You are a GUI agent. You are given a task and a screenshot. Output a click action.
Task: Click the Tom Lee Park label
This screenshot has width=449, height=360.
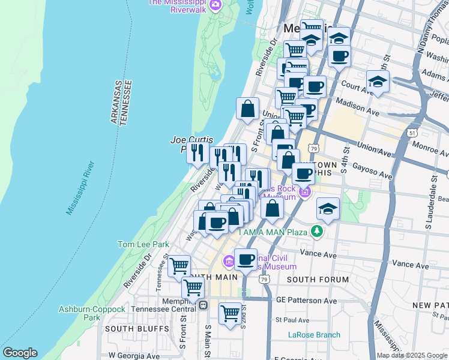143,244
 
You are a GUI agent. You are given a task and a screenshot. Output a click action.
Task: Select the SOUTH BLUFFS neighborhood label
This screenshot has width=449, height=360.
128,329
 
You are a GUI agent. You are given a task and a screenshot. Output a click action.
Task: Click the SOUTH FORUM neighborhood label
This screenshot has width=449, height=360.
318,280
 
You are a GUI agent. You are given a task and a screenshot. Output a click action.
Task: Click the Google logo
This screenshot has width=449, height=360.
20,353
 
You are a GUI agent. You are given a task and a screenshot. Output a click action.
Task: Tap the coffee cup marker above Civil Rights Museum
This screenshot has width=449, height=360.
246,259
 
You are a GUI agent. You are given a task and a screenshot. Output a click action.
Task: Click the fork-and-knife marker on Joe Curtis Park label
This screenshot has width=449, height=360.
197,152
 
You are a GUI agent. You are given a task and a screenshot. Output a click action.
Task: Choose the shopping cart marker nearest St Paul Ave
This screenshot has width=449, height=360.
230,313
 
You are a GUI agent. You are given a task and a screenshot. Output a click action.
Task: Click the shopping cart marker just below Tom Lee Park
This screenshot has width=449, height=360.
179,265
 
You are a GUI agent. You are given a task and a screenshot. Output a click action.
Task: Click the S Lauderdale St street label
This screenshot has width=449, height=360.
429,209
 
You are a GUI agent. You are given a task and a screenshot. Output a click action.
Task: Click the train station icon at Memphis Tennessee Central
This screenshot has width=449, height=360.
203,305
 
